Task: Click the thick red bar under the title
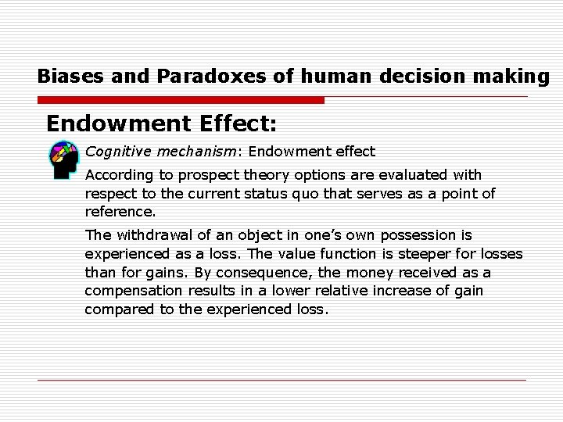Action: [x=181, y=100]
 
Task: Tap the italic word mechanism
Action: [x=185, y=151]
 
